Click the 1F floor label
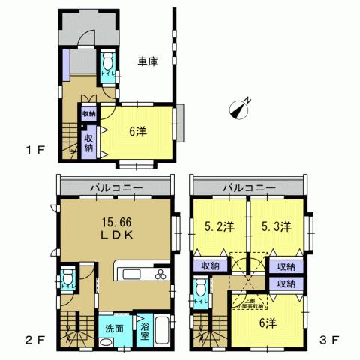coord(35,149)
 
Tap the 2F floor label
coord(35,339)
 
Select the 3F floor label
coord(331,339)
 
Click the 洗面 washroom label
coord(114,328)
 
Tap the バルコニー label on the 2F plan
coord(113,186)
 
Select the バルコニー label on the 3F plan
coord(248,186)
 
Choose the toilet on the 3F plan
coord(200,293)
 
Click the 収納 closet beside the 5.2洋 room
coord(210,265)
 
